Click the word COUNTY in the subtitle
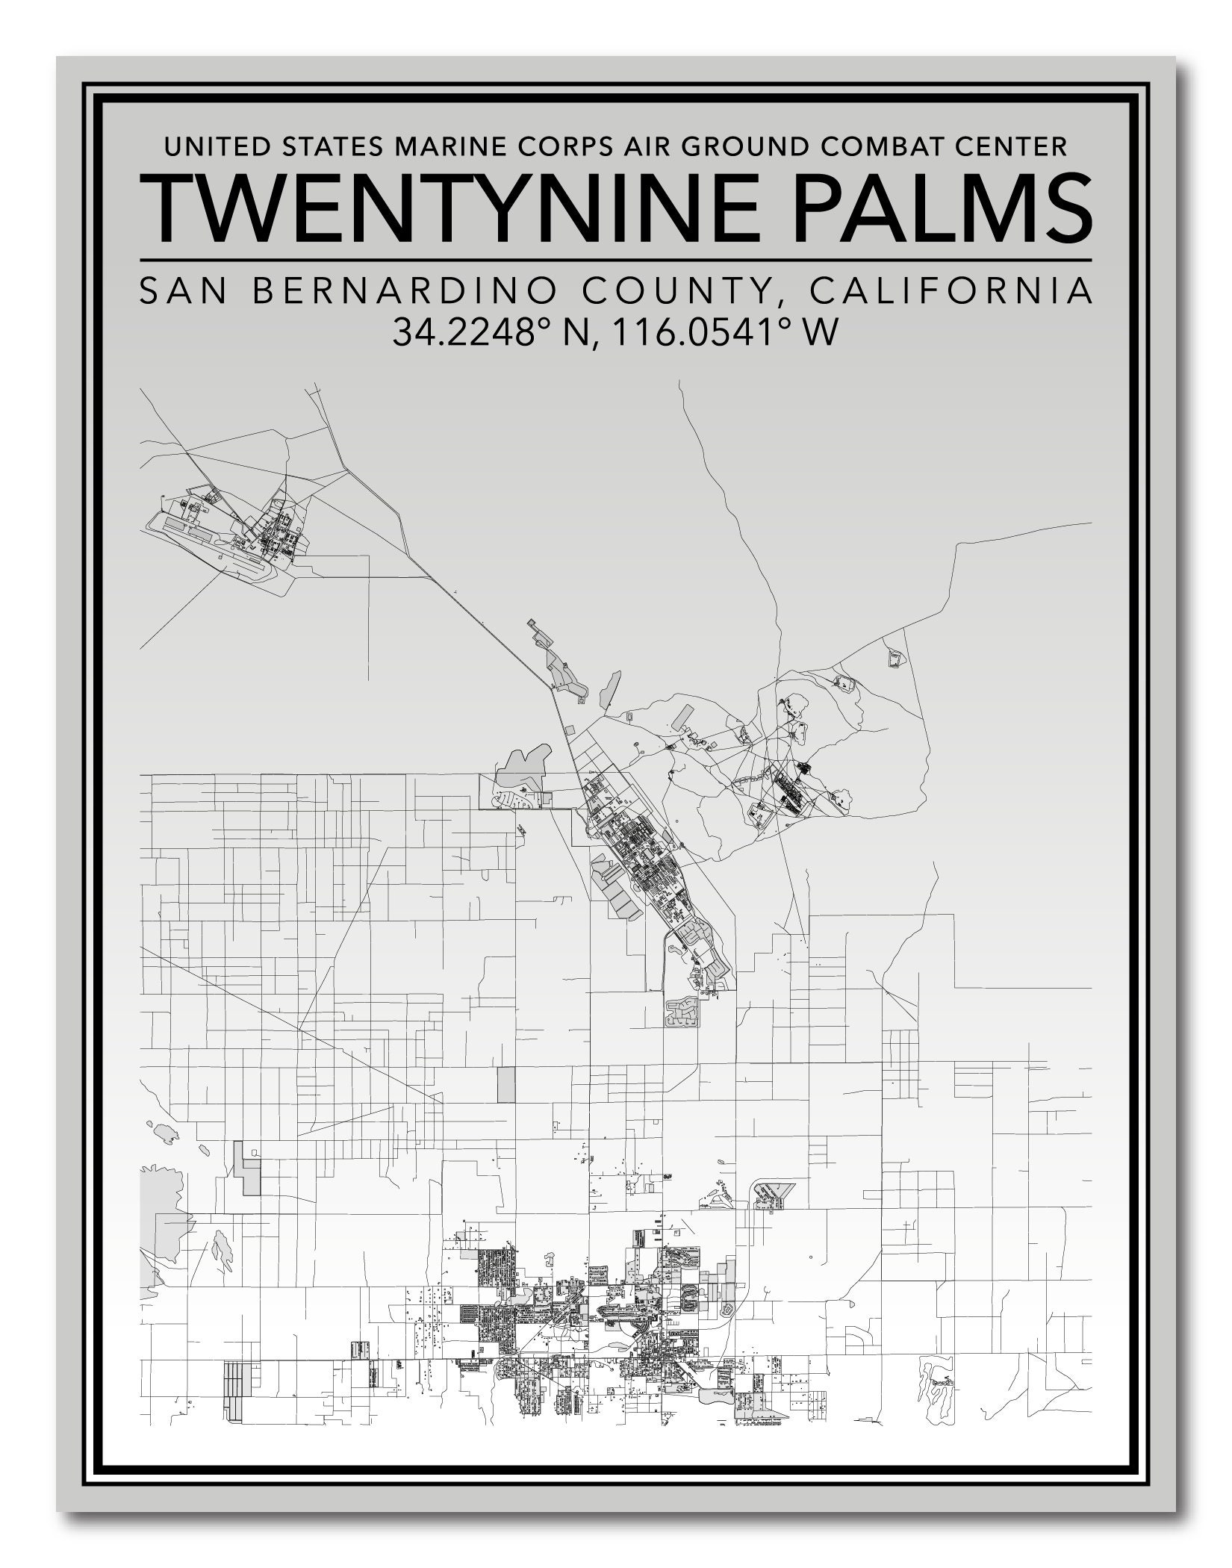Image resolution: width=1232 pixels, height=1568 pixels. pyautogui.click(x=676, y=291)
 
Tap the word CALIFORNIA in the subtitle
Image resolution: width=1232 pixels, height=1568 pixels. pyautogui.click(x=951, y=291)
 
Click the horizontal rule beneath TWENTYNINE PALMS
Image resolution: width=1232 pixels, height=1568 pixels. pyautogui.click(x=615, y=260)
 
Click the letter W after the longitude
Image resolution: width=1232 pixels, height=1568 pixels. pyautogui.click(x=819, y=332)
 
